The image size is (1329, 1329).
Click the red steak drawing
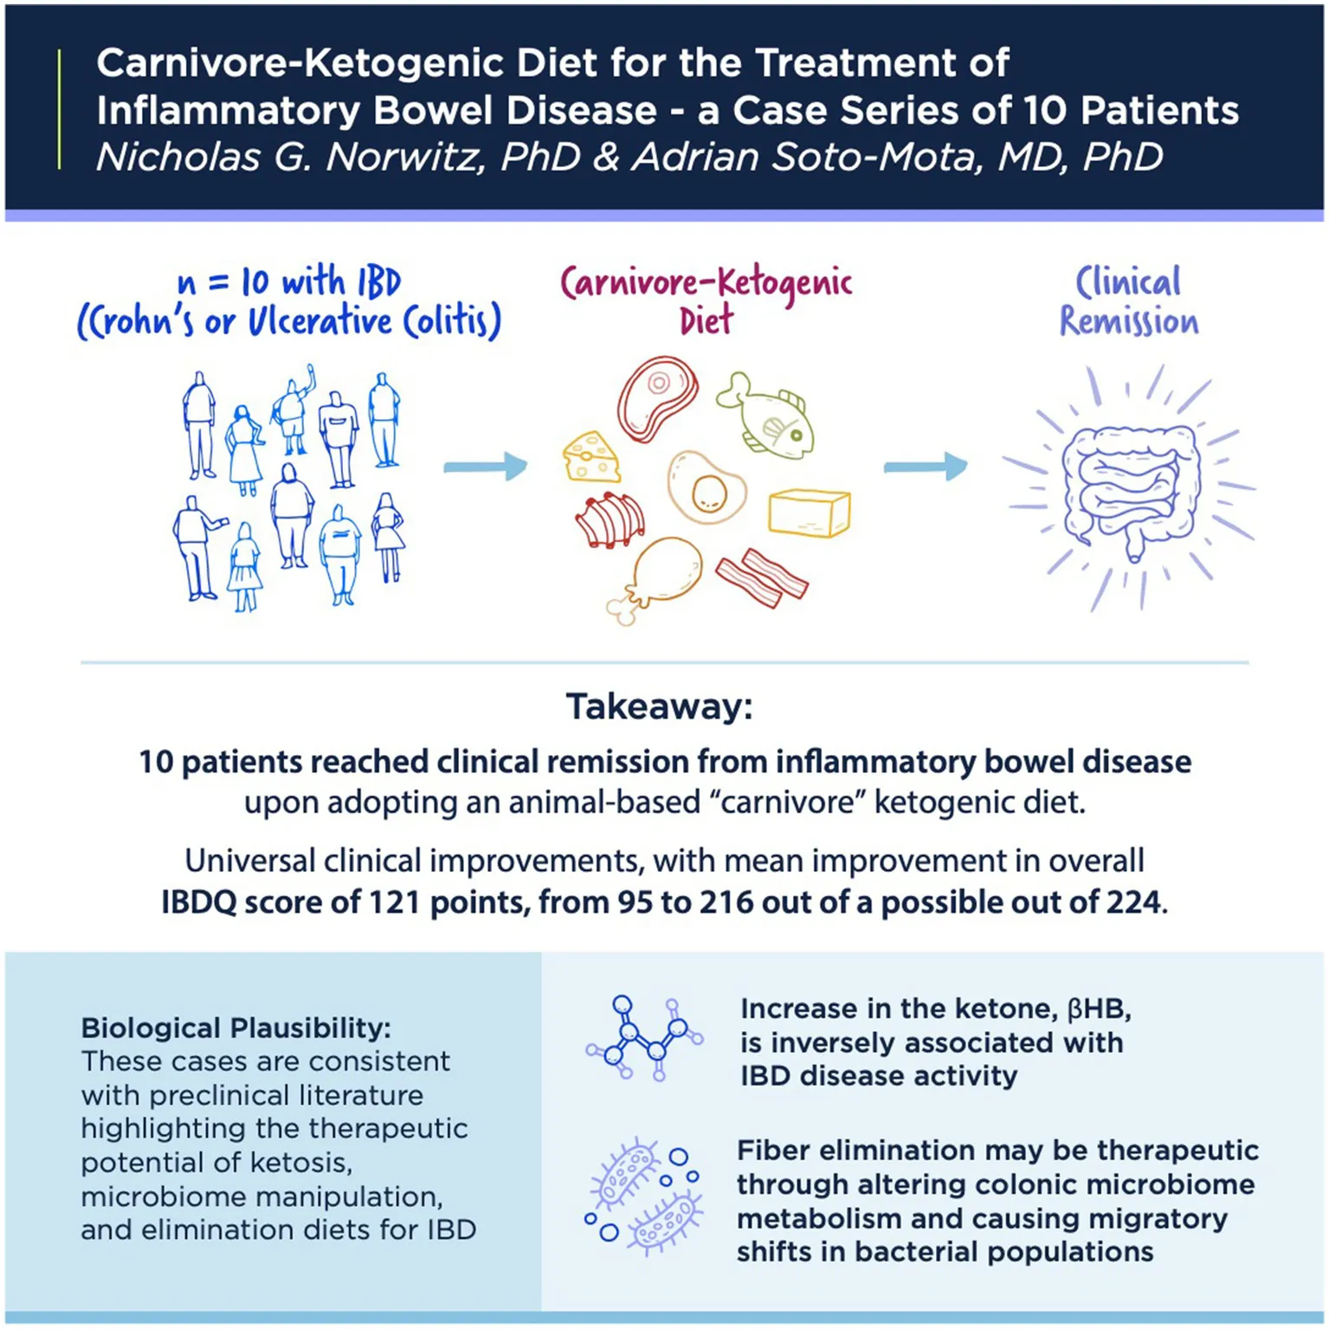click(x=658, y=399)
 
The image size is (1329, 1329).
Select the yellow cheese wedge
click(x=592, y=456)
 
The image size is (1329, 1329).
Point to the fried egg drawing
click(x=706, y=487)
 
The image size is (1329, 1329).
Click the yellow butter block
click(x=810, y=513)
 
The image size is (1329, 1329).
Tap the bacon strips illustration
click(x=762, y=577)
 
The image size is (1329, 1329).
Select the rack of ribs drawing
click(x=610, y=520)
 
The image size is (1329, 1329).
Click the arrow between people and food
click(x=486, y=467)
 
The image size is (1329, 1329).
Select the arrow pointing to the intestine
click(x=926, y=467)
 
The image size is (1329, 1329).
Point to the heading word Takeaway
click(x=660, y=706)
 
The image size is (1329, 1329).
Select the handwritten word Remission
click(x=1129, y=321)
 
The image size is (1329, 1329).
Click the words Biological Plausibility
click(x=235, y=1028)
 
